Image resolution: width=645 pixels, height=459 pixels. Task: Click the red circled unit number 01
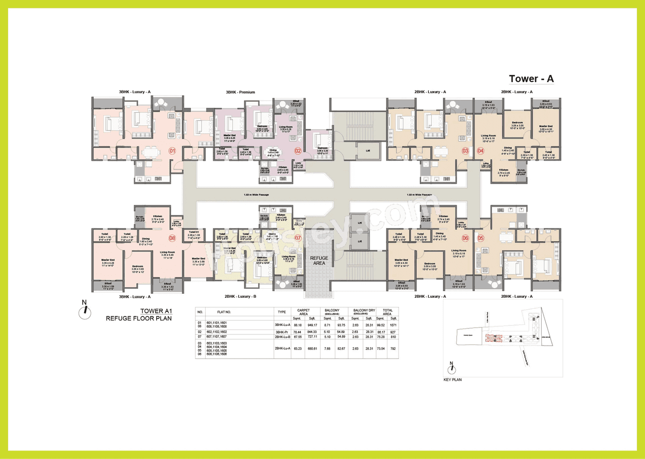click(172, 150)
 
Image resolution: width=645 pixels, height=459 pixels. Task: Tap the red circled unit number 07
click(298, 238)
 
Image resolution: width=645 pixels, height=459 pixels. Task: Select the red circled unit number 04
click(480, 150)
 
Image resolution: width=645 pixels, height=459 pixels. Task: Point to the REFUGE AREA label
click(319, 260)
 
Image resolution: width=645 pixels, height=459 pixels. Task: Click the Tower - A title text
click(531, 79)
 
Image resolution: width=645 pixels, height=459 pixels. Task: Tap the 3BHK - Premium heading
click(240, 92)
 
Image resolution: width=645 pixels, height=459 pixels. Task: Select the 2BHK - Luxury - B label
click(240, 297)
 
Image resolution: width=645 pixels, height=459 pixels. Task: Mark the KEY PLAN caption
click(452, 379)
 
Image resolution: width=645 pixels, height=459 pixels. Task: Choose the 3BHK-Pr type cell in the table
click(281, 333)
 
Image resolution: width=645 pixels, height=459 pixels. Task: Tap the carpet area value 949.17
click(312, 326)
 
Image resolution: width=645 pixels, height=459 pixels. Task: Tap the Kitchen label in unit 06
click(443, 216)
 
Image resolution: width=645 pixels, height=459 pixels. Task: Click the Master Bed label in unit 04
click(546, 126)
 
